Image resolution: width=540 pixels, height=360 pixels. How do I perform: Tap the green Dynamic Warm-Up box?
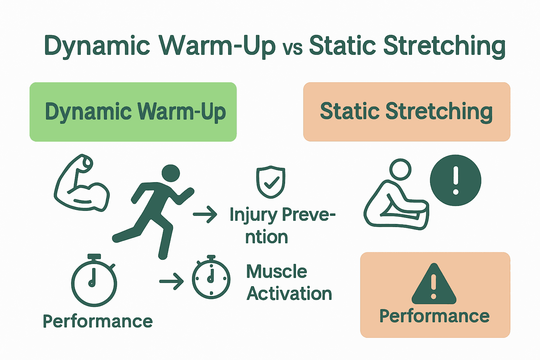[133, 112]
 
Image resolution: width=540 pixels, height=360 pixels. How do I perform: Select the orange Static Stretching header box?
[406, 112]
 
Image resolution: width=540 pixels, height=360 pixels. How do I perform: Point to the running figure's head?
[171, 173]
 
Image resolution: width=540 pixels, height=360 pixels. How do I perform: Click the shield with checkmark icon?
[270, 182]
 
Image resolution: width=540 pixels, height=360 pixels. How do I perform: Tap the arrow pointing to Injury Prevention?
[205, 214]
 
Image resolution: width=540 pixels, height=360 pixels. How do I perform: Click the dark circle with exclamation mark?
[456, 180]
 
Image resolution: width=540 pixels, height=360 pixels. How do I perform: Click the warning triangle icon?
[434, 285]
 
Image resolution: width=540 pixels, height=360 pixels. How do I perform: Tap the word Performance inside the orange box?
[434, 316]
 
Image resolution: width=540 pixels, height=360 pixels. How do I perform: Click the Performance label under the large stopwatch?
[98, 321]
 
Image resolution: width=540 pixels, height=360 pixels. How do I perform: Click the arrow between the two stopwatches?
[172, 281]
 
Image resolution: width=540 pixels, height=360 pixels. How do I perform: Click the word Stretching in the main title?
[444, 46]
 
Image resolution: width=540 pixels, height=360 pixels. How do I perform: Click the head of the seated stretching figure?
[400, 169]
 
